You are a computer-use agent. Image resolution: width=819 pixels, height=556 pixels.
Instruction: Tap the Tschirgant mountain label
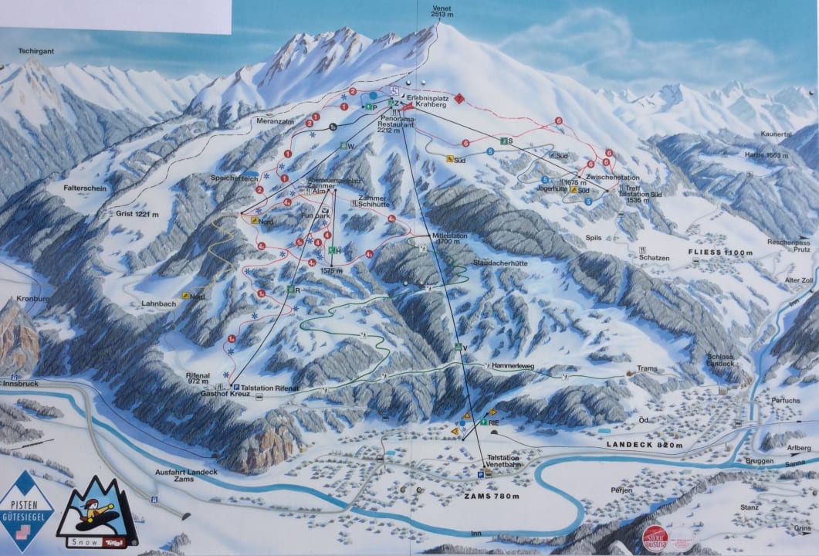[36, 52]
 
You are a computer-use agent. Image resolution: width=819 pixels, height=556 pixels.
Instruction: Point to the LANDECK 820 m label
[645, 446]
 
